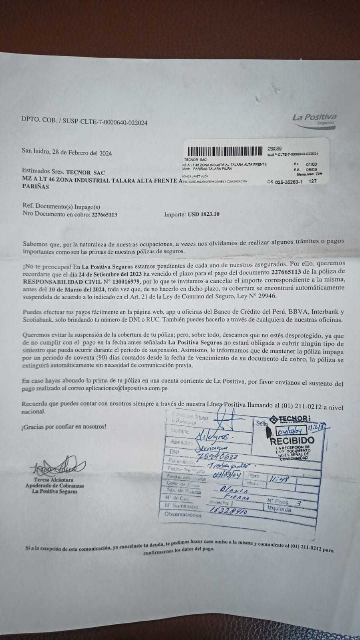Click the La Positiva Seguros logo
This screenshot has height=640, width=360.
[x=314, y=118]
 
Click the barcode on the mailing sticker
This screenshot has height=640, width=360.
[x=226, y=151]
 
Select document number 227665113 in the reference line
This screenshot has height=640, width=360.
[x=105, y=214]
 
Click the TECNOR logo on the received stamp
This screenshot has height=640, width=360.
[x=290, y=419]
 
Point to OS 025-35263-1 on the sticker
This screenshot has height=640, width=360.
[x=285, y=181]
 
